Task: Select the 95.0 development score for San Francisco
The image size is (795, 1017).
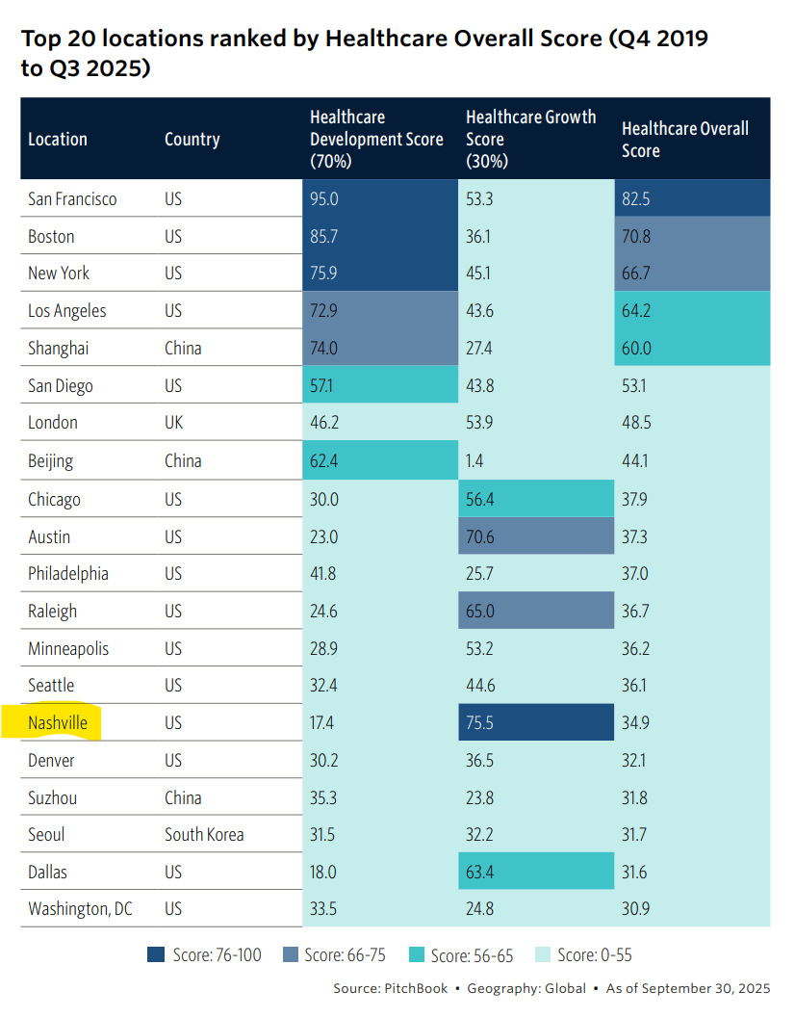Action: click(x=324, y=199)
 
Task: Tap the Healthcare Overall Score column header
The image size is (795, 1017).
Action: click(x=684, y=139)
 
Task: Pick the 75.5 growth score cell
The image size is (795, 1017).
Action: click(x=481, y=722)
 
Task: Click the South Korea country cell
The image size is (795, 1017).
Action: click(x=204, y=835)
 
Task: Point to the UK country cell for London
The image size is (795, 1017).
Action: click(x=174, y=423)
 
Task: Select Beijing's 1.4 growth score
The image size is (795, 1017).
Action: click(x=475, y=461)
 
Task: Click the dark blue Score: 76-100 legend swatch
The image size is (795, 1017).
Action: click(x=156, y=954)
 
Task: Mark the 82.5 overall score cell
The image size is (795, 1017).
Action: click(x=636, y=199)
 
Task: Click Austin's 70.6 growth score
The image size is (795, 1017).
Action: click(x=481, y=536)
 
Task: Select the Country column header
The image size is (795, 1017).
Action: click(x=192, y=139)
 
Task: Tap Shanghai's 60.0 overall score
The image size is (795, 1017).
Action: click(x=636, y=348)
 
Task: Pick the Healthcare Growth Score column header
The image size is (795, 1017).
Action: click(x=530, y=139)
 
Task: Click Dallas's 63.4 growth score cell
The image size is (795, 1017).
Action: click(x=481, y=873)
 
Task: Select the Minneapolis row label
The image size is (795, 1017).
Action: click(x=68, y=648)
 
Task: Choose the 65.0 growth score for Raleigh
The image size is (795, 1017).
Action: click(x=481, y=611)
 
